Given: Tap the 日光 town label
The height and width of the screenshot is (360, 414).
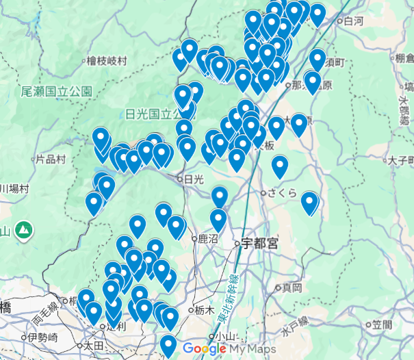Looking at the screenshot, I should (x=194, y=179).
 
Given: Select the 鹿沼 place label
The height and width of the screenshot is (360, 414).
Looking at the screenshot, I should (x=207, y=240).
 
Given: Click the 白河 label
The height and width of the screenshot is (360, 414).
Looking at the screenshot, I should (x=354, y=22).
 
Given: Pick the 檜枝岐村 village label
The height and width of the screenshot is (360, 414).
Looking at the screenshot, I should (x=107, y=61).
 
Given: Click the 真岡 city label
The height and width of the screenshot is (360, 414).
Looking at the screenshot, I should (x=292, y=287).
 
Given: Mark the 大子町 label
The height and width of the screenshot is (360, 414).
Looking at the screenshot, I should (x=401, y=162).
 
